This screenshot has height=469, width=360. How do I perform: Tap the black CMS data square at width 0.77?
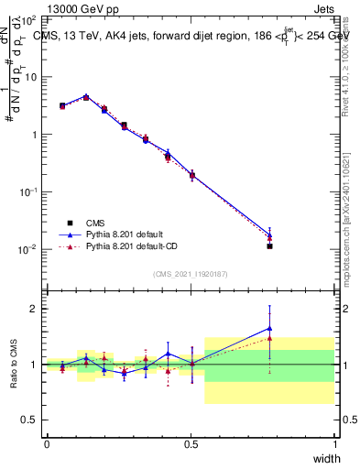pyautogui.click(x=269, y=246)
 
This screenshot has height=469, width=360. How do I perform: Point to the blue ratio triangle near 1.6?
pyautogui.click(x=269, y=328)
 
